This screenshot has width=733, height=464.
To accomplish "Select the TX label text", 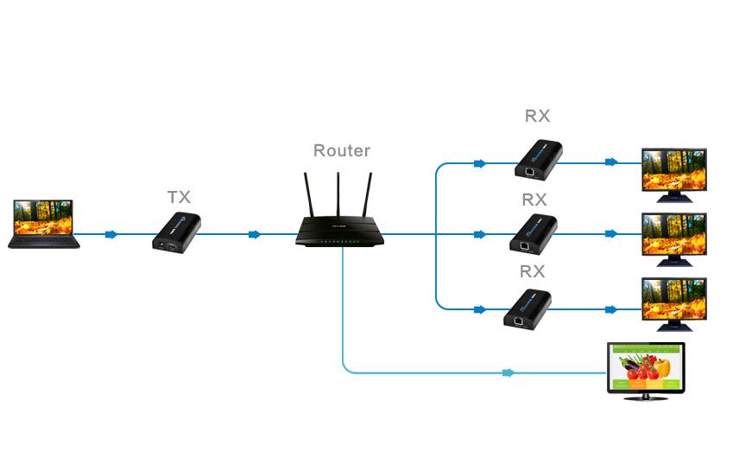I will (x=179, y=197).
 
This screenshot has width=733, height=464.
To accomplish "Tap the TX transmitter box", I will (x=177, y=232).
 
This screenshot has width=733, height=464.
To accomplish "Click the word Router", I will (x=342, y=150).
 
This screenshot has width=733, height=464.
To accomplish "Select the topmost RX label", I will (x=537, y=116).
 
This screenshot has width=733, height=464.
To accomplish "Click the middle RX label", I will (x=534, y=199).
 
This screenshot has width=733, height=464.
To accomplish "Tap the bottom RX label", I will (x=531, y=270).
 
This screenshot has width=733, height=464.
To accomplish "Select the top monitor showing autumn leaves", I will (x=674, y=173).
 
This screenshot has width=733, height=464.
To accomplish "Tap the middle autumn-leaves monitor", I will (x=674, y=238).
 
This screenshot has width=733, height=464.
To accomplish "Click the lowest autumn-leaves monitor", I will (x=674, y=302).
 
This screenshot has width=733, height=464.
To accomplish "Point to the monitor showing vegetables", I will (x=646, y=368).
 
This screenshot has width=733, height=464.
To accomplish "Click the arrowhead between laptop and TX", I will (x=111, y=234).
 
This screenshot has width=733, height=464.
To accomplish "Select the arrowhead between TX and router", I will (x=255, y=234).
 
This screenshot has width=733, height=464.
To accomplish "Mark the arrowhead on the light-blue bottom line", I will (x=509, y=373).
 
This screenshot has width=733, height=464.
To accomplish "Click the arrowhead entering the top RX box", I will (x=480, y=162).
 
